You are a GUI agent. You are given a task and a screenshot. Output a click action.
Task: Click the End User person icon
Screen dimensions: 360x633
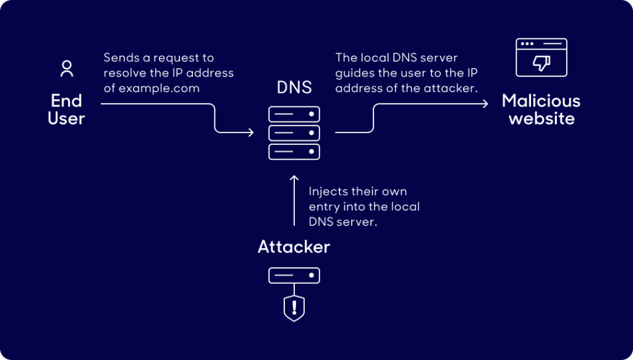click(x=66, y=69)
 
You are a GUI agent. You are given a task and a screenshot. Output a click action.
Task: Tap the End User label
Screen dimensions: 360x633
click(x=66, y=109)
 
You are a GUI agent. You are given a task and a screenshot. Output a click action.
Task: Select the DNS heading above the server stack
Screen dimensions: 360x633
click(x=294, y=87)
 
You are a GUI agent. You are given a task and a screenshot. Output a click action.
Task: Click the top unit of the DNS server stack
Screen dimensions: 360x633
click(x=294, y=114)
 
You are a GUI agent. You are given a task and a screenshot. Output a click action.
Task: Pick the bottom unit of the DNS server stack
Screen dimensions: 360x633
click(x=294, y=152)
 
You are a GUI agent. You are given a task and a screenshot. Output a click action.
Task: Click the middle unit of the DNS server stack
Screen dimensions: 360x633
click(x=294, y=133)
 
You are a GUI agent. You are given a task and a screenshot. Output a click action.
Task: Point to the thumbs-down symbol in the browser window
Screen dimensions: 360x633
click(x=542, y=63)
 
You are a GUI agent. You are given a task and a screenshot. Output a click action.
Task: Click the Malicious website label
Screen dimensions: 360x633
click(x=542, y=109)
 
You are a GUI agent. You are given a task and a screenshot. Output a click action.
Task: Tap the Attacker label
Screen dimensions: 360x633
click(x=294, y=247)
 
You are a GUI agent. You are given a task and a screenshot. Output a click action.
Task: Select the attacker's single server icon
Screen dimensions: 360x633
click(x=294, y=275)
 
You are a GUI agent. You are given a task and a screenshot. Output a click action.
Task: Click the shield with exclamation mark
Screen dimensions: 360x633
click(x=294, y=307)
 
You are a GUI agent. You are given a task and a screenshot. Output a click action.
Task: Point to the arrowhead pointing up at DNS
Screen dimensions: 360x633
click(x=294, y=180)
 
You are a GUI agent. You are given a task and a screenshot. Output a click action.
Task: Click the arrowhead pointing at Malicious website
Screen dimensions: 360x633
click(x=485, y=103)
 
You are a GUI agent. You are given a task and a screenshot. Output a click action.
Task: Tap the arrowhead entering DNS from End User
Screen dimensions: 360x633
click(x=250, y=132)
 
